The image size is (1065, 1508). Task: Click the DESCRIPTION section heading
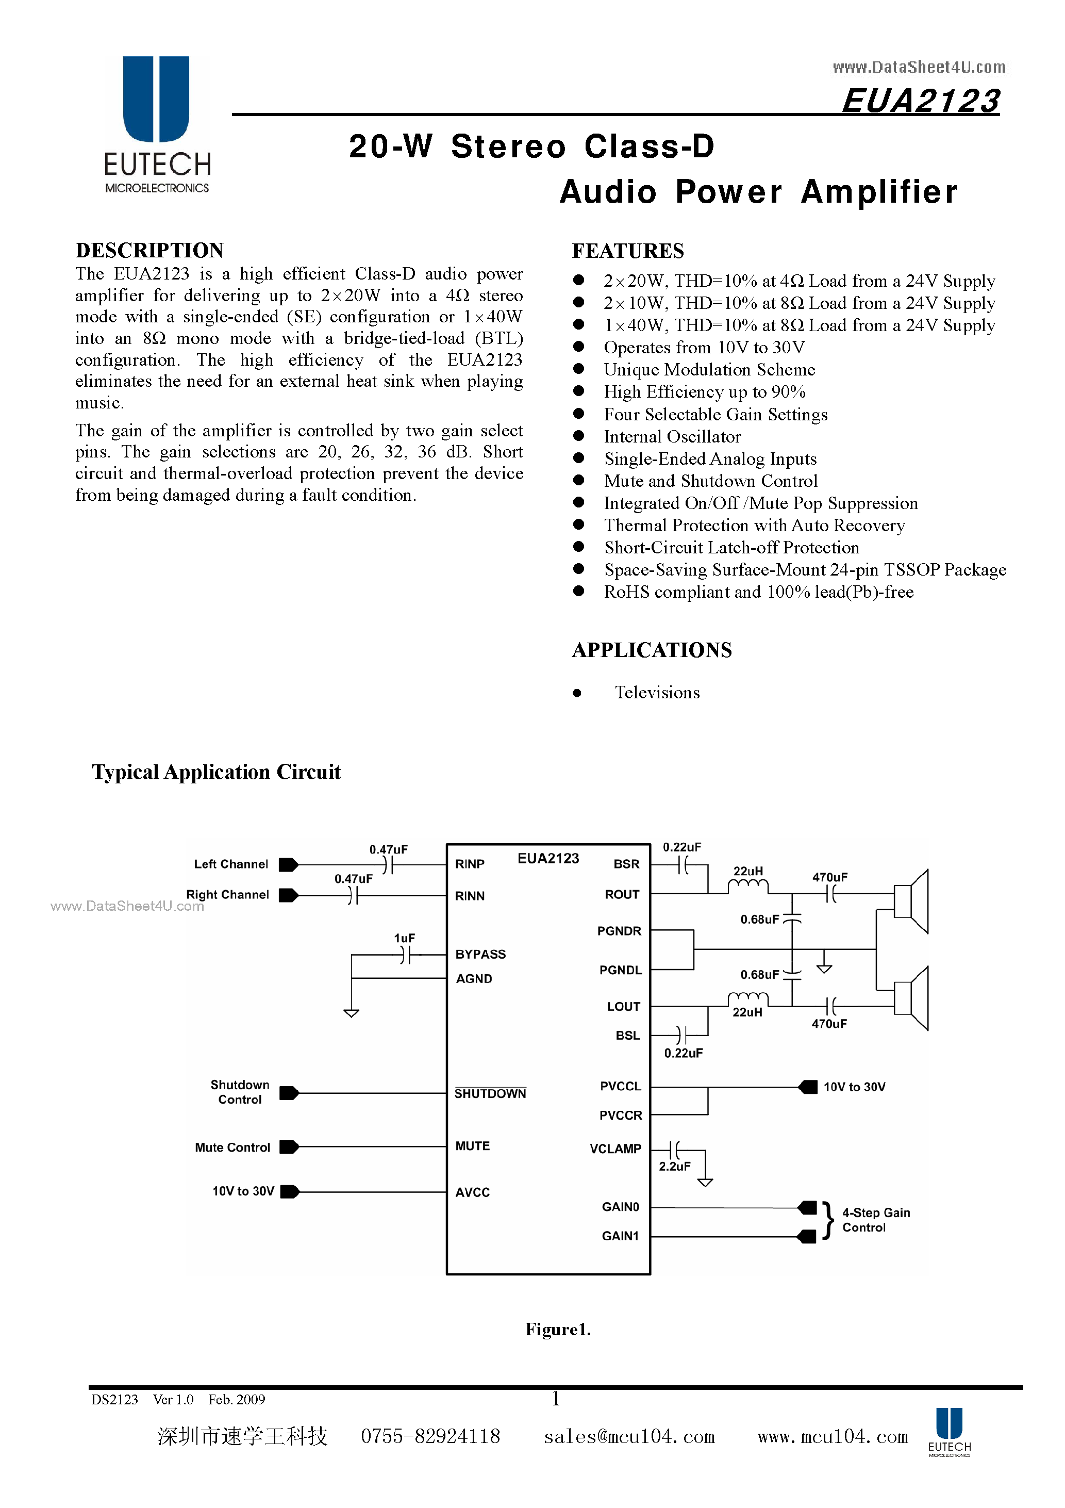tap(149, 250)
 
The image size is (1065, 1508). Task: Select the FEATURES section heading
tap(628, 251)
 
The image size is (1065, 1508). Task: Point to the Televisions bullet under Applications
tap(657, 692)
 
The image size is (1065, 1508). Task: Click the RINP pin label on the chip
tap(470, 864)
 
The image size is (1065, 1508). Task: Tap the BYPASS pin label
tap(480, 954)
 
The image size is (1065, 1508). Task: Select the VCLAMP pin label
tap(615, 1149)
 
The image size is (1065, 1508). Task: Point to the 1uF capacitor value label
tap(405, 938)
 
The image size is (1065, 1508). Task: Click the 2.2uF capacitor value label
tap(674, 1167)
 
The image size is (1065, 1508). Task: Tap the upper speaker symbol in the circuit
tap(911, 901)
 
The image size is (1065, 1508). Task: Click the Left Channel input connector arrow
tap(288, 865)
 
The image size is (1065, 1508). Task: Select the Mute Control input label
tap(232, 1148)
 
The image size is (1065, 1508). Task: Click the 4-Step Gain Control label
tap(876, 1220)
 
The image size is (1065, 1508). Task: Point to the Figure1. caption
tap(557, 1330)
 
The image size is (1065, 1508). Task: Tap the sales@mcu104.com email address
tap(629, 1436)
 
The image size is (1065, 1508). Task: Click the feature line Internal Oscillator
tap(672, 437)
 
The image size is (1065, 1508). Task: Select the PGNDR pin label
tap(619, 931)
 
